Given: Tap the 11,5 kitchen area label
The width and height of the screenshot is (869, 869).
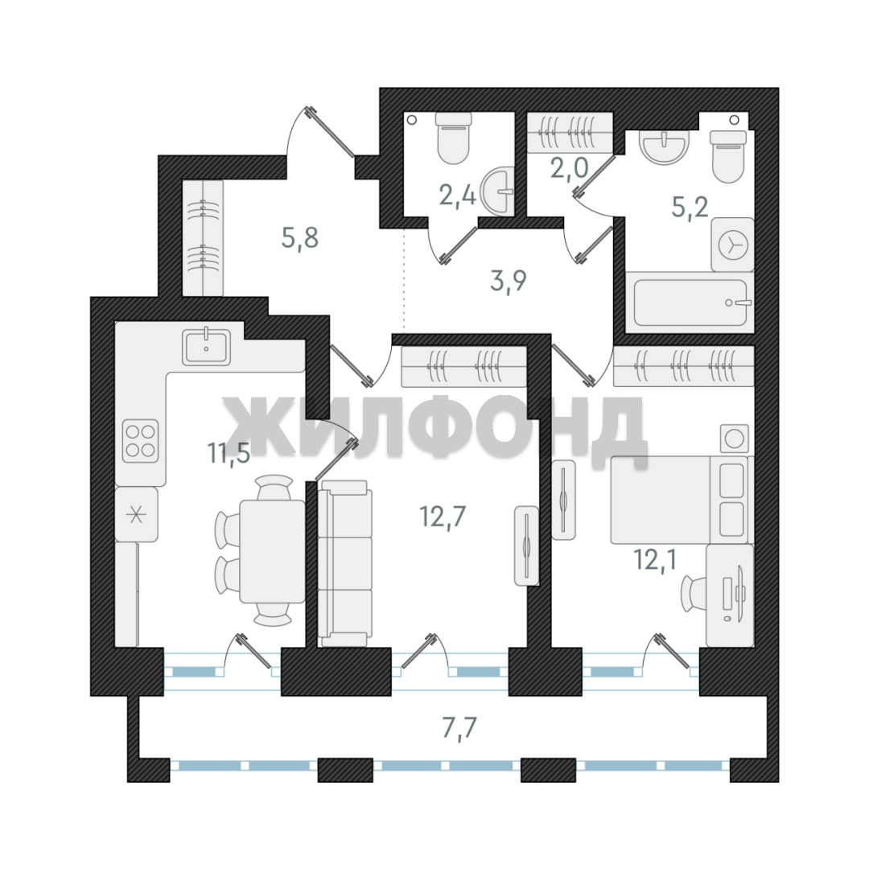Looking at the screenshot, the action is [229, 453].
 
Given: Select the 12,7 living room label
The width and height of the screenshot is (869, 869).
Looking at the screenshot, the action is [443, 517].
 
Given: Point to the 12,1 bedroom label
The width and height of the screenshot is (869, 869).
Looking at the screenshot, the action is [655, 559].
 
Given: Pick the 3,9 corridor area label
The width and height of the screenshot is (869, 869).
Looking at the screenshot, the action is [509, 281].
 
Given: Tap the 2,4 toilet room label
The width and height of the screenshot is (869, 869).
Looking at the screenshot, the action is [457, 195].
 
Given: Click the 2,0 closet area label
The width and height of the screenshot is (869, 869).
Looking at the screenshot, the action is [569, 167].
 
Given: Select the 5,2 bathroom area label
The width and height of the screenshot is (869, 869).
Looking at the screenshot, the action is [690, 208].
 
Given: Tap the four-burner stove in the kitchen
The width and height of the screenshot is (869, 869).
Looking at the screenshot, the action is [141, 441].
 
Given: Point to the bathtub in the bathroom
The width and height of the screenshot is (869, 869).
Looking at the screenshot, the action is [690, 303].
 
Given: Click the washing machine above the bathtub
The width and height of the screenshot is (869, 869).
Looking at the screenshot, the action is [733, 245].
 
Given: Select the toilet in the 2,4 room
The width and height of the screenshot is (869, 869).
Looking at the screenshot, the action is [454, 138].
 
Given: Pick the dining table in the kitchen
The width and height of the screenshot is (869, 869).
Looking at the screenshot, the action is [272, 551].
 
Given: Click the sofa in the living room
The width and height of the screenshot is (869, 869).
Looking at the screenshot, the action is [344, 563].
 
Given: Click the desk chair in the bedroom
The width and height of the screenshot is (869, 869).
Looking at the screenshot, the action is [694, 593].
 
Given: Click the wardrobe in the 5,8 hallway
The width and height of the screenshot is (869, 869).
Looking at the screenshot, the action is [203, 237].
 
